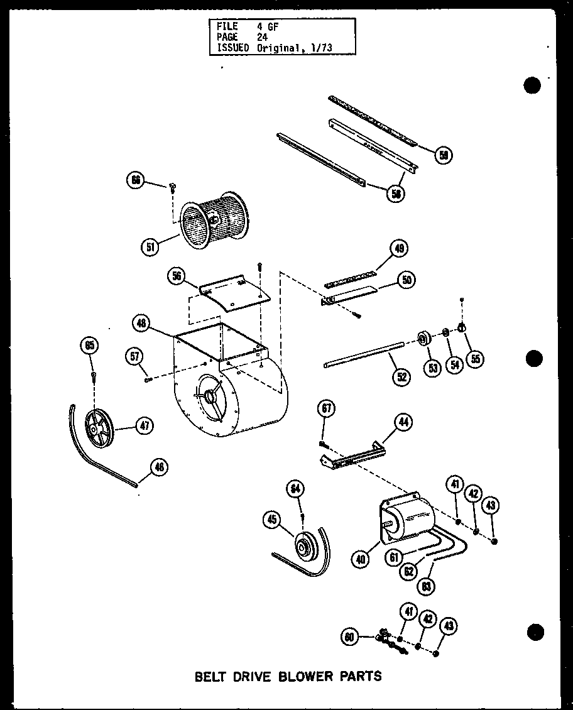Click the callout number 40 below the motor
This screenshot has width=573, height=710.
360,559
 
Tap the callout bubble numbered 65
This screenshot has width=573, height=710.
90,345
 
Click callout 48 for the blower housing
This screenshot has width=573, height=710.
141,324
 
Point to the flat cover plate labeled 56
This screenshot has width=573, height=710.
232,293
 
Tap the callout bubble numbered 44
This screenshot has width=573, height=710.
403,422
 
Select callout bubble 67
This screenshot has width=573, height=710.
327,410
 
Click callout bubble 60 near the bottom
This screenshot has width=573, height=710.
350,638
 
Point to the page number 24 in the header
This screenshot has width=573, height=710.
261,37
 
